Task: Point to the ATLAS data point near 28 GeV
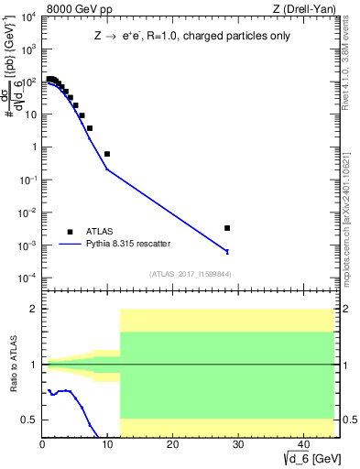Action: click(x=227, y=228)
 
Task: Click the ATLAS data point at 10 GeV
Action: click(x=107, y=154)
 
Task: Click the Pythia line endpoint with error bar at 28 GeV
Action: click(x=227, y=251)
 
